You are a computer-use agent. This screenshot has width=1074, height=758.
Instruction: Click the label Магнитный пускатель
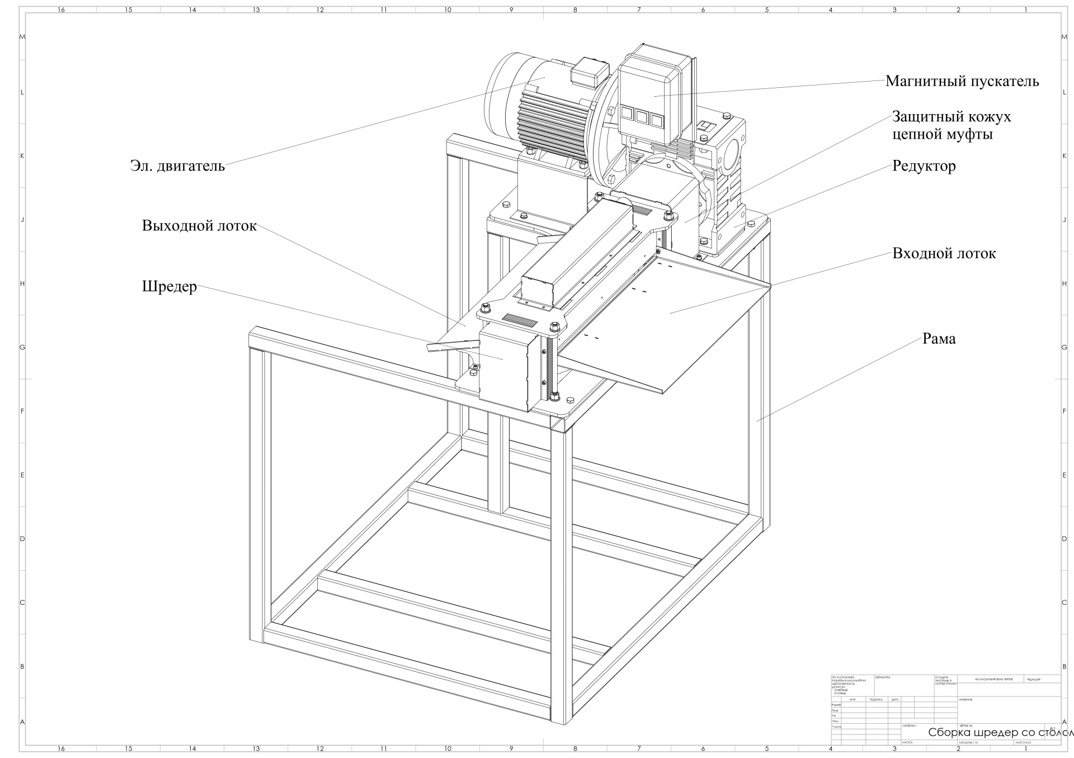pos(962,82)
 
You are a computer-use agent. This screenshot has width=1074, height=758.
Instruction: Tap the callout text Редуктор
pos(924,166)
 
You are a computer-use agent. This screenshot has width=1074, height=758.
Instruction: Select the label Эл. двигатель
pos(177,166)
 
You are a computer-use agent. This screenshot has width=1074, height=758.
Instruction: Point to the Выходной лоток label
pos(199,226)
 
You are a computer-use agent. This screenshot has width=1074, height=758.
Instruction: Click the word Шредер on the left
pos(169,287)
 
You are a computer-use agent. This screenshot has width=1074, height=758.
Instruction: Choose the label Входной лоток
pos(944,254)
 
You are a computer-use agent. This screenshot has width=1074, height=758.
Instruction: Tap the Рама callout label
pos(939,339)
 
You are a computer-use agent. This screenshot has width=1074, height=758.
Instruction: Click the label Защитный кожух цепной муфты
pos(951,126)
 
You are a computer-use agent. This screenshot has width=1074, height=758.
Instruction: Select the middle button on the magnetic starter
pos(641,116)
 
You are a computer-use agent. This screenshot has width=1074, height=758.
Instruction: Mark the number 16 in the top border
pos(61,10)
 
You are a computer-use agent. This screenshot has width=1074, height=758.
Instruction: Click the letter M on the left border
pos(22,37)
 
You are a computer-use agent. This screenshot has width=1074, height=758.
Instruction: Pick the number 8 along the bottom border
pos(575,748)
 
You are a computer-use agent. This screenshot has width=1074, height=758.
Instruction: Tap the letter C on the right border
pos(1064,603)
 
